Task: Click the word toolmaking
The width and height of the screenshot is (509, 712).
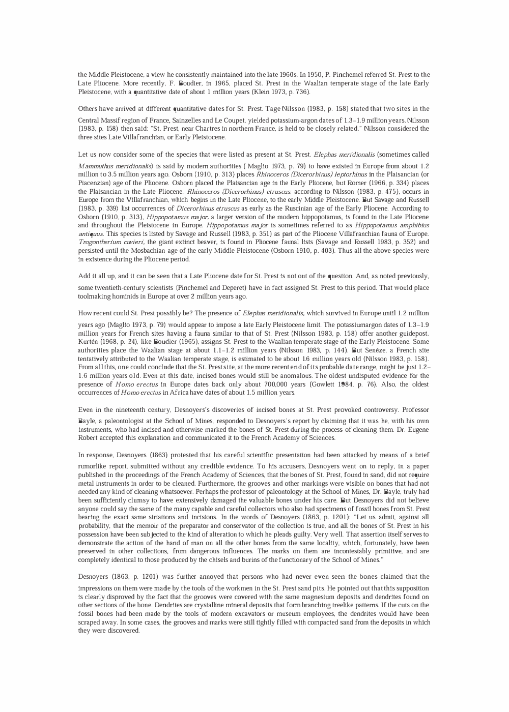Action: (x=95, y=296)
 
